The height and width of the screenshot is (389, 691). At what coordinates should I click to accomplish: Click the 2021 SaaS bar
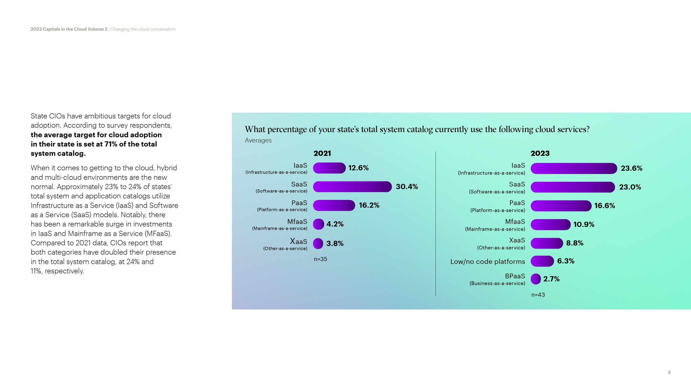tap(352, 187)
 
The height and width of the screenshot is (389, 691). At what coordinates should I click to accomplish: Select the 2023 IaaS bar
tap(574, 168)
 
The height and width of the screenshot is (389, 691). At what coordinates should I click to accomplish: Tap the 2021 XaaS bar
tap(318, 243)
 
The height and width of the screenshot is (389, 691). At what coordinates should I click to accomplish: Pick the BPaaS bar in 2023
tap(536, 279)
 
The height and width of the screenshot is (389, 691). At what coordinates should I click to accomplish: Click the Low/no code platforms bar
tap(542, 261)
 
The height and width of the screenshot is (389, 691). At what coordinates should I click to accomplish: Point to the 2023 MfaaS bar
tap(550, 224)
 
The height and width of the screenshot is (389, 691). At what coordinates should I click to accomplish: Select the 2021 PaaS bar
tap(334, 205)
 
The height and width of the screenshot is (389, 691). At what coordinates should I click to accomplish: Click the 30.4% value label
tap(407, 187)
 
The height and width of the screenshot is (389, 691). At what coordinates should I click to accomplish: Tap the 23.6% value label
tap(631, 168)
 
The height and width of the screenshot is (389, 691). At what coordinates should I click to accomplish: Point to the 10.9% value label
tap(584, 224)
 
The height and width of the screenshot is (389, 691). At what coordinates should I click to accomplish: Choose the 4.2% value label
tap(335, 224)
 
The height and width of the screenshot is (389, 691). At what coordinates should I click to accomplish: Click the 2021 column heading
tap(322, 153)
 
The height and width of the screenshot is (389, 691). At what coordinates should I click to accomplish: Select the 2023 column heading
tap(540, 153)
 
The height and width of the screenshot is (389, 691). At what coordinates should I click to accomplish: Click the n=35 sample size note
tap(320, 259)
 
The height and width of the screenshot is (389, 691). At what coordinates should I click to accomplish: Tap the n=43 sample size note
tap(538, 295)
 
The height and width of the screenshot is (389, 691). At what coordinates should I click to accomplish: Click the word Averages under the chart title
tap(258, 140)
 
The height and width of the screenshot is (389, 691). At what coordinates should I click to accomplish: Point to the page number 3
tap(669, 372)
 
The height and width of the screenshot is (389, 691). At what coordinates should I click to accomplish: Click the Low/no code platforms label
tap(487, 261)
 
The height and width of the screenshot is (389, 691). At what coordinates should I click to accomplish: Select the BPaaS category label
tap(515, 276)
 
